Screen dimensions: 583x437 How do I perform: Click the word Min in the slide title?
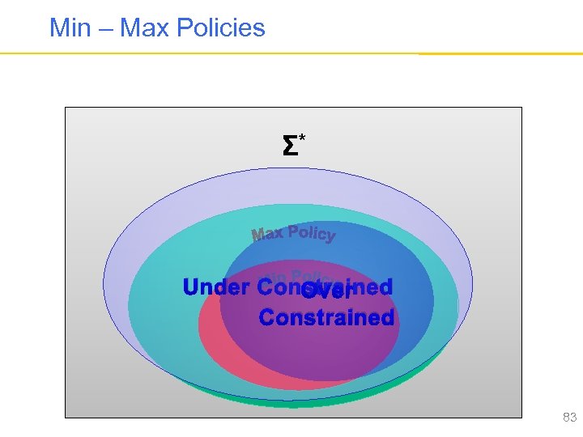click(x=69, y=28)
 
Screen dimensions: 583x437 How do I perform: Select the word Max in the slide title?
click(x=143, y=28)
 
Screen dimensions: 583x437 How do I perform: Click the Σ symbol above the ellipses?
click(x=288, y=146)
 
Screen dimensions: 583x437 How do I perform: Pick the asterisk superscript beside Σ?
click(x=302, y=139)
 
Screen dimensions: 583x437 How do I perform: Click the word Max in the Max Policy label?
click(x=267, y=235)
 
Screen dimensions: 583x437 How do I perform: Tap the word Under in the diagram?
click(x=216, y=287)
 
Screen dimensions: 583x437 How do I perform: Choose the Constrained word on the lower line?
click(x=326, y=317)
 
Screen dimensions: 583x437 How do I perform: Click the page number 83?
click(x=569, y=418)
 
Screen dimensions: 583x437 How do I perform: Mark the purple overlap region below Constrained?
click(x=324, y=348)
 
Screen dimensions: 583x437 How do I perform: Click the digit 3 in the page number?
click(x=572, y=418)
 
